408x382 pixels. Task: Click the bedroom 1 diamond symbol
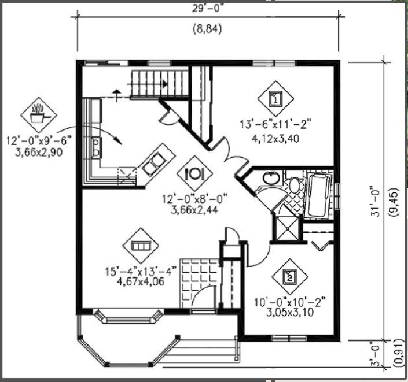pyautogui.click(x=275, y=99)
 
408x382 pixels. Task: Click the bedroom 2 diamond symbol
pyautogui.click(x=289, y=277)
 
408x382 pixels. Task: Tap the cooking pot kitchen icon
pyautogui.click(x=39, y=115)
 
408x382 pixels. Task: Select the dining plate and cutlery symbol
pyautogui.click(x=194, y=173)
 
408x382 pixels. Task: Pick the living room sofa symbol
pyautogui.click(x=141, y=246)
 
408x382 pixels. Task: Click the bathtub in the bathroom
pyautogui.click(x=318, y=195)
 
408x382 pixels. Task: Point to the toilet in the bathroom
pyautogui.click(x=294, y=183)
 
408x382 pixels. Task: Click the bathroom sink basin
pyautogui.click(x=271, y=178)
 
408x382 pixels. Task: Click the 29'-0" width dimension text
pyautogui.click(x=208, y=8)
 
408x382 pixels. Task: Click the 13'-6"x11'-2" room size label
pyautogui.click(x=275, y=124)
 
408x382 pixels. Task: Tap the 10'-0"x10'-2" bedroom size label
pyautogui.click(x=290, y=302)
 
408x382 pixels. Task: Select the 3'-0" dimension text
pyautogui.click(x=375, y=354)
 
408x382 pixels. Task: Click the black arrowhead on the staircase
pyautogui.click(x=164, y=84)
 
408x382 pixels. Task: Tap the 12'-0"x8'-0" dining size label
pyautogui.click(x=195, y=199)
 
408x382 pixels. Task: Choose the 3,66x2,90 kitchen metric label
pyautogui.click(x=39, y=153)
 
